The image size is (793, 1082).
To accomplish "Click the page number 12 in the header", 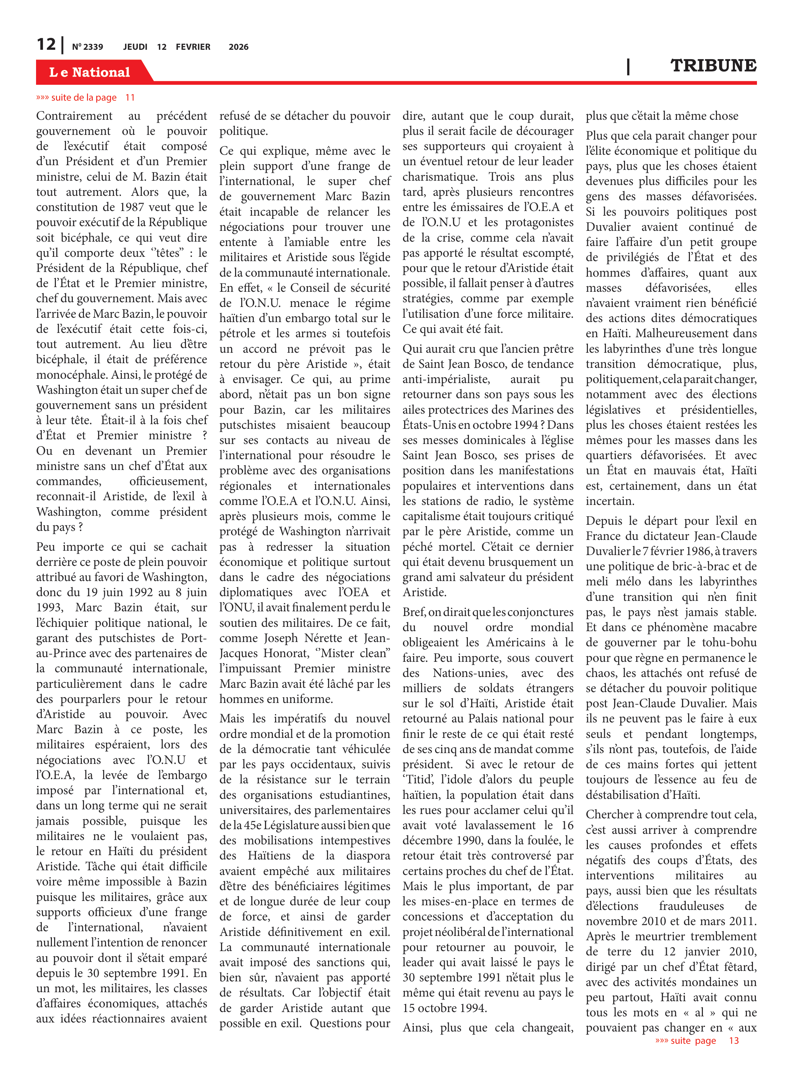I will (x=46, y=44).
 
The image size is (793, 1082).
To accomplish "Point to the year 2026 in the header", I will (x=238, y=47).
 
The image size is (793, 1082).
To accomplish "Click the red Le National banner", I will (x=90, y=72).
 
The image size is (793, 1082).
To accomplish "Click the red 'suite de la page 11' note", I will (x=85, y=97).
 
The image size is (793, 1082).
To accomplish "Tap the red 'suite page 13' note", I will (x=696, y=1040).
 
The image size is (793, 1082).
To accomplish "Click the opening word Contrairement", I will (x=74, y=116).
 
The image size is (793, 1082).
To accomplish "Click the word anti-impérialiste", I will (x=446, y=379).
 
